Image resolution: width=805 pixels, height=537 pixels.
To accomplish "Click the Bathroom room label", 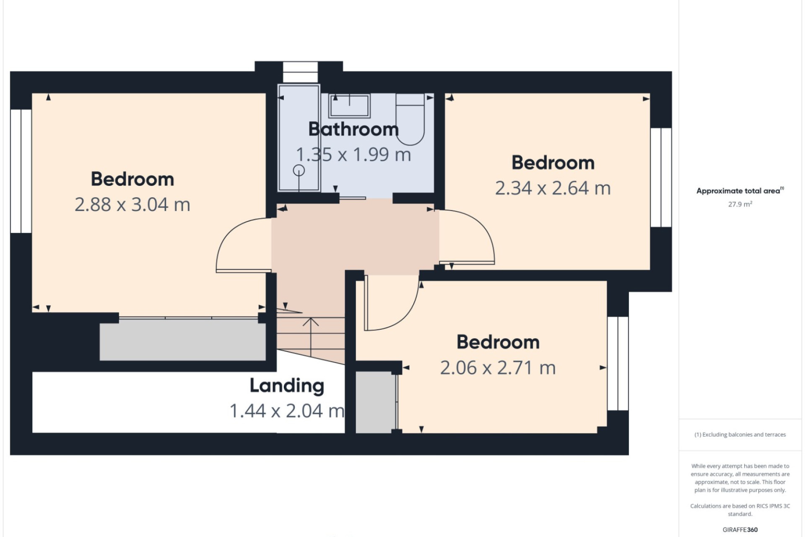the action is coord(353,129).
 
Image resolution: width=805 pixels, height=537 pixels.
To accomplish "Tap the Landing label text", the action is coord(287,386).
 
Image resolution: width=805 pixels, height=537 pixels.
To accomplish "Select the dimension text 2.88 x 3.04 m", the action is coord(132,205).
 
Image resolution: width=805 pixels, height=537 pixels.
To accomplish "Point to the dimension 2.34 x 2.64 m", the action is coord(553,188).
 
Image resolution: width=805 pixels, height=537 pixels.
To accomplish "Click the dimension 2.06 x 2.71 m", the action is coord(498,368).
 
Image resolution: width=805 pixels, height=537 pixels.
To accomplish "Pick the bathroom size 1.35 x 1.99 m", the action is coord(353,155).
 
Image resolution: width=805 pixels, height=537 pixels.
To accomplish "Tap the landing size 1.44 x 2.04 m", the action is coord(287,411).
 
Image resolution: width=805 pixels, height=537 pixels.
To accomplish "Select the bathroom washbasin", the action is coord(349,106).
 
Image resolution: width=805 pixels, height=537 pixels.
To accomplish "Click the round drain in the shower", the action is coord(299,170).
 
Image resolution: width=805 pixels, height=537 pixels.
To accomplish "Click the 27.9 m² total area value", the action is coord(740,204).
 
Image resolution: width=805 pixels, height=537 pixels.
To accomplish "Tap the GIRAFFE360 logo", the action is coord(740,530).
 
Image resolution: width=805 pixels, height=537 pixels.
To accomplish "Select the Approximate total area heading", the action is coord(740,191).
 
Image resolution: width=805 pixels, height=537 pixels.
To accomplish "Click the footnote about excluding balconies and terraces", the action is coord(740,435).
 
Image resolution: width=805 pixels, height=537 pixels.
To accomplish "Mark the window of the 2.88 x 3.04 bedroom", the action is coord(21,171).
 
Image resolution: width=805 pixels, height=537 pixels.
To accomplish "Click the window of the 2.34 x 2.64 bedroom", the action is coord(661,177).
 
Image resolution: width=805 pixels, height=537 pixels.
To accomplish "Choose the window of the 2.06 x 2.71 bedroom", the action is coord(618,363).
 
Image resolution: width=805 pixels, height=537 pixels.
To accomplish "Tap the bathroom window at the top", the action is coord(300,72).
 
